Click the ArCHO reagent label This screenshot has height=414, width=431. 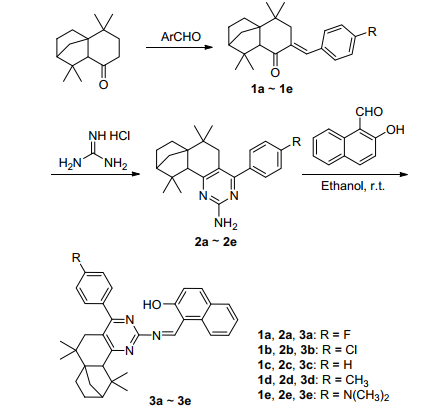point(181,36)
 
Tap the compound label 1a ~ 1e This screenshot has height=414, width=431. point(272,89)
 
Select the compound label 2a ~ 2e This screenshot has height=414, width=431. point(216,242)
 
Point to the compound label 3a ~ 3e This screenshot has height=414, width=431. point(171,400)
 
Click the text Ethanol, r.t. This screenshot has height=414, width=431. point(353,186)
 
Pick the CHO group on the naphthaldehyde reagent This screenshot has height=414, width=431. point(369,112)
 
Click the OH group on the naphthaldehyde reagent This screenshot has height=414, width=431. point(395,129)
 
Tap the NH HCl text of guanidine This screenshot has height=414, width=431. point(109,136)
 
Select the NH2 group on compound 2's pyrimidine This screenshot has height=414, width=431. point(226,224)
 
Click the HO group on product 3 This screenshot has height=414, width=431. point(152,304)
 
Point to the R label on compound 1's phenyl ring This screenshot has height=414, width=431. point(372,32)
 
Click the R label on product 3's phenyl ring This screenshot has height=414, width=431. point(76,257)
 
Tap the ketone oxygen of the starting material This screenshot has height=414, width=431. point(104,85)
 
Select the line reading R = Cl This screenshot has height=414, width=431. point(307,349)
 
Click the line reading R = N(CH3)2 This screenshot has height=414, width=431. point(323,395)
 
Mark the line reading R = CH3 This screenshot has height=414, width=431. point(313,380)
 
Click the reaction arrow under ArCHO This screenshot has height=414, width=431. point(179,47)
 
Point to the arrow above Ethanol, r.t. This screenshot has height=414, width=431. point(355,174)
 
